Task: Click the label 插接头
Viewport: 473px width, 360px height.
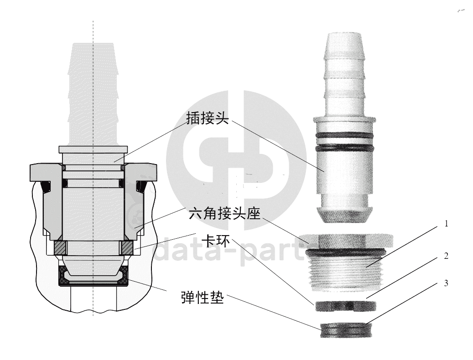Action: click(x=208, y=118)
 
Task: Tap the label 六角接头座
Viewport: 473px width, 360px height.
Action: click(x=224, y=214)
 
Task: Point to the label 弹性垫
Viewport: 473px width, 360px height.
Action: click(x=203, y=297)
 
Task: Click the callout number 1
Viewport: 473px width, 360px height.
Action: click(x=446, y=224)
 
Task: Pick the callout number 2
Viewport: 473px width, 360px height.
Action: click(x=446, y=256)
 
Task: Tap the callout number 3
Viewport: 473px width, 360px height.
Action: click(x=446, y=283)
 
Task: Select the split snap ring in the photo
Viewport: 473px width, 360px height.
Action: click(x=346, y=306)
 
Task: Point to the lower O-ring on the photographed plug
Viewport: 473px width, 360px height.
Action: click(x=344, y=148)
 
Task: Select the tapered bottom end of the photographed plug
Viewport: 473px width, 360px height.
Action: click(x=344, y=215)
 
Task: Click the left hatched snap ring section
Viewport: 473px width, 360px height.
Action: click(x=60, y=247)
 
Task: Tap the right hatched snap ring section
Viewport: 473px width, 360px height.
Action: click(x=126, y=247)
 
